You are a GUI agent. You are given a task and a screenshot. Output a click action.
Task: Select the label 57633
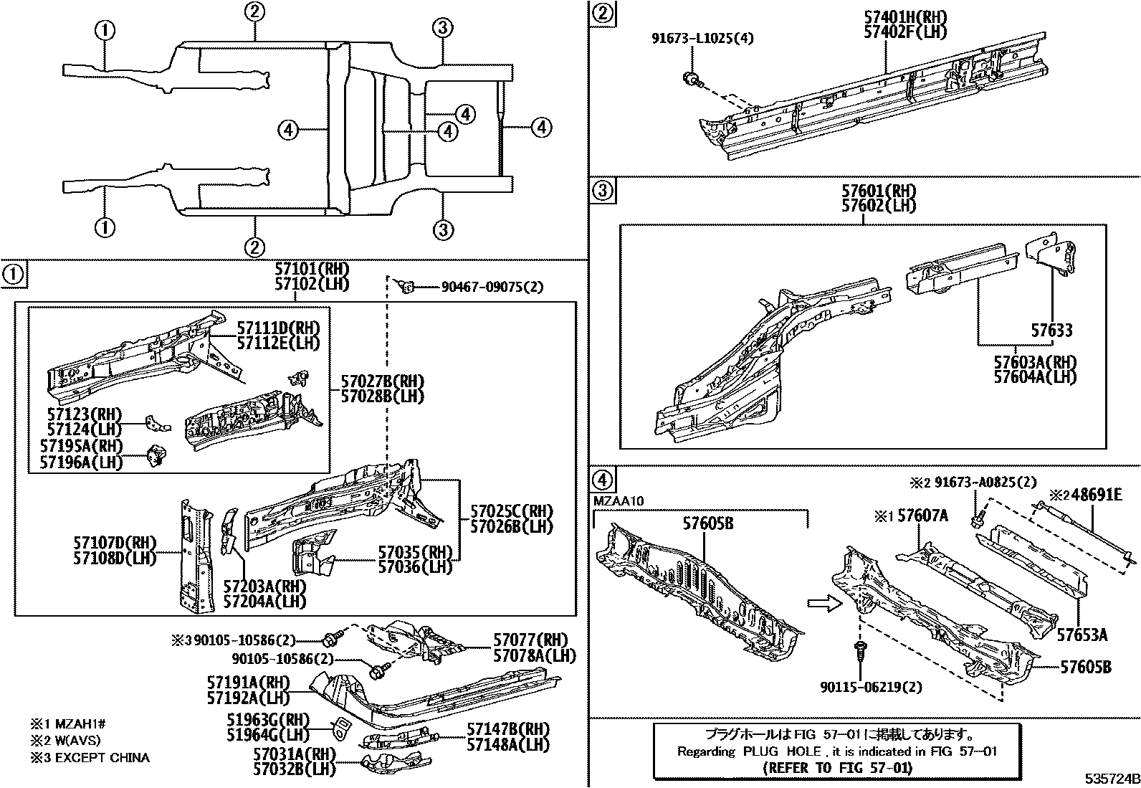pyautogui.click(x=1051, y=331)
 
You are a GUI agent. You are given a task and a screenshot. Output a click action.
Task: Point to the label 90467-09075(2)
pyautogui.click(x=492, y=288)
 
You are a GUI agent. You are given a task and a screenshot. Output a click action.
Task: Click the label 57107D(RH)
pyautogui.click(x=115, y=543)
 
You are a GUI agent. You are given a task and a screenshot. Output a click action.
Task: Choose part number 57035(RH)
pyautogui.click(x=416, y=552)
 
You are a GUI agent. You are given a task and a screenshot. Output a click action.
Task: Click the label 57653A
pyautogui.click(x=1082, y=635)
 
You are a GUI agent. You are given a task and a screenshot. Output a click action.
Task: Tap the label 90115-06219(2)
pyautogui.click(x=871, y=687)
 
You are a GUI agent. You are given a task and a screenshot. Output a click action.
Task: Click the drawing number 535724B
pyautogui.click(x=1110, y=778)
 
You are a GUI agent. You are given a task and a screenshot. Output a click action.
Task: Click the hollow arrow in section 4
pyautogui.click(x=821, y=603)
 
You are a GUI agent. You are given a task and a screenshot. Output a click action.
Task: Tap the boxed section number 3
pyautogui.click(x=603, y=191)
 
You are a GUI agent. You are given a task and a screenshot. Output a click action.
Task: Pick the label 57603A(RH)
pyautogui.click(x=1034, y=362)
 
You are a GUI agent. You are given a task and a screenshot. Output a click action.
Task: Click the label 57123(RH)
pyautogui.click(x=85, y=414)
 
